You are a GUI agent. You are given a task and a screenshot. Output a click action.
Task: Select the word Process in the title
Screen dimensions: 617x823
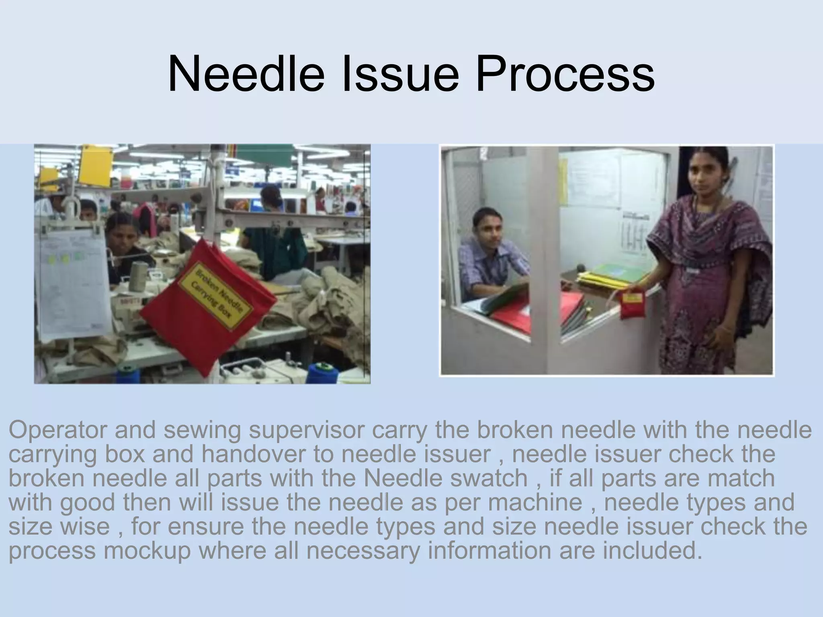(x=565, y=75)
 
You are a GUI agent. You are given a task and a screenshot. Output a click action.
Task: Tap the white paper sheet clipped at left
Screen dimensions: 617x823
(x=72, y=281)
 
